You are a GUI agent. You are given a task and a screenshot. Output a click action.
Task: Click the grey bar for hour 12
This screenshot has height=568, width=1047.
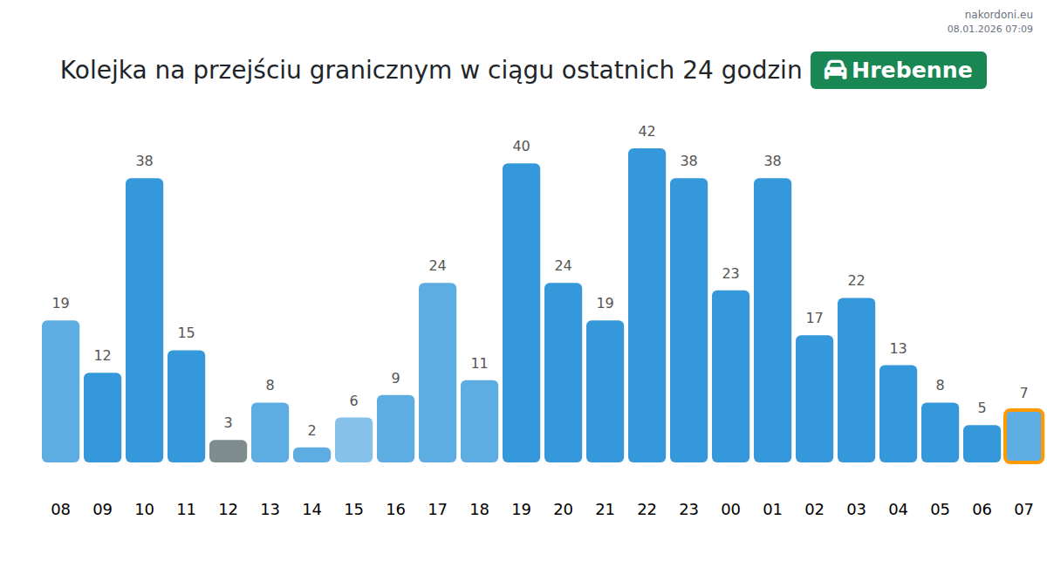[228, 451]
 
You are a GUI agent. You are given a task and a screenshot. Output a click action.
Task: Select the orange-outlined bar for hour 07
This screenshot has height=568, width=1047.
[1023, 436]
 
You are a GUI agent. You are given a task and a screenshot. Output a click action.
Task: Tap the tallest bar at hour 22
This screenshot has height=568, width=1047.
[647, 305]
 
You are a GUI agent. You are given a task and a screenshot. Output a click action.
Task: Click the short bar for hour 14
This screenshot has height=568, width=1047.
[311, 455]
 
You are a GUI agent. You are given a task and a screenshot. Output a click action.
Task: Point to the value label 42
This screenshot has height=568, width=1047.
[647, 132]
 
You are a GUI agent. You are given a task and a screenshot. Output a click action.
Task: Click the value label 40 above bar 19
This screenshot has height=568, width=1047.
[521, 147]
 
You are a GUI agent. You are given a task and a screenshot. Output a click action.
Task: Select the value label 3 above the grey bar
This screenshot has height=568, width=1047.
[228, 423]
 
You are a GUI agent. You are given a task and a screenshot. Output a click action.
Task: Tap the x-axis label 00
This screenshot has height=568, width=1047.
[730, 510]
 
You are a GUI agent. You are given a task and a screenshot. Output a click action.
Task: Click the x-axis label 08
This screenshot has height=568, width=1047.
[60, 510]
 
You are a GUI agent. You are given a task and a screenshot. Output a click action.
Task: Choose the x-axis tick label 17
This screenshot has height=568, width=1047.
[437, 510]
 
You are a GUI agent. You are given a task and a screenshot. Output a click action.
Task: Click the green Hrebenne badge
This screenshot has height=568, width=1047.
[898, 71]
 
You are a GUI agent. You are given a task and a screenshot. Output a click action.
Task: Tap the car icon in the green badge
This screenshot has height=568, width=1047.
[835, 71]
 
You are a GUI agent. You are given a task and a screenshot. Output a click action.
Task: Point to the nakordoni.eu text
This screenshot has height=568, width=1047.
[998, 14]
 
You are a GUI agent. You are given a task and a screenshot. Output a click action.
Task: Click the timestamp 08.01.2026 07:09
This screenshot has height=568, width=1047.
[989, 29]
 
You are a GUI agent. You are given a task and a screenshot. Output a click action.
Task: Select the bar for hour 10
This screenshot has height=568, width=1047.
[144, 320]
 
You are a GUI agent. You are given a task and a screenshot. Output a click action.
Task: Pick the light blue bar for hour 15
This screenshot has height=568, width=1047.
[353, 440]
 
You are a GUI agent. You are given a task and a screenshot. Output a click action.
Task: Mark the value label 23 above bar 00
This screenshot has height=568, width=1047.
[730, 274]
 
